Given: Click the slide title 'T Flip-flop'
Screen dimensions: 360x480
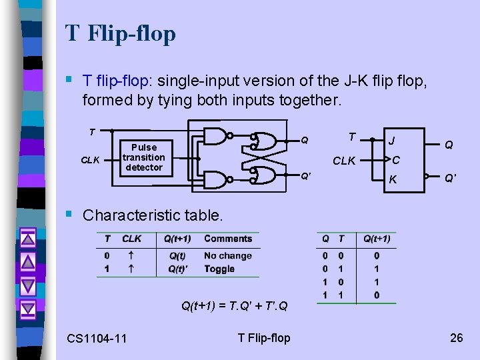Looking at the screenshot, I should click(121, 33).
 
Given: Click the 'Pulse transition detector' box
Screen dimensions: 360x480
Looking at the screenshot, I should click(143, 157).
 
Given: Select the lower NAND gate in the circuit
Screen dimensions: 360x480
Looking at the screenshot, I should click(215, 178).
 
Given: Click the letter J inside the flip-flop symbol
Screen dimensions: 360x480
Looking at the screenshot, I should click(392, 141).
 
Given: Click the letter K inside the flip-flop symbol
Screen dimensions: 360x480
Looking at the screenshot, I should click(393, 179).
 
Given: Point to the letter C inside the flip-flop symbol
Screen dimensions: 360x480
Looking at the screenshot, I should click(395, 160).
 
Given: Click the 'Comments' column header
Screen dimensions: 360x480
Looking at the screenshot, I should click(228, 239).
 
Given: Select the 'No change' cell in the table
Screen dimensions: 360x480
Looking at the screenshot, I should click(228, 256).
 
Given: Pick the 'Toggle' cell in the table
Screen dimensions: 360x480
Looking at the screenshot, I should click(219, 269).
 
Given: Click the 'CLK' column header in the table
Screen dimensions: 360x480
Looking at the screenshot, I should click(132, 239).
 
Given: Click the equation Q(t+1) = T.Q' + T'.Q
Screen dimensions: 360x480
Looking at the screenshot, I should click(235, 306).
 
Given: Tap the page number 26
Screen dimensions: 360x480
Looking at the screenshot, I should click(456, 337).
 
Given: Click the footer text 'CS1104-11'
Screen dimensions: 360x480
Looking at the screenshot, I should click(97, 339).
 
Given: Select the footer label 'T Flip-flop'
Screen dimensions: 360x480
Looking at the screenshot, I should click(263, 338).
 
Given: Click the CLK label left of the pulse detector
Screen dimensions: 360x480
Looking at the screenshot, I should click(91, 160).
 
